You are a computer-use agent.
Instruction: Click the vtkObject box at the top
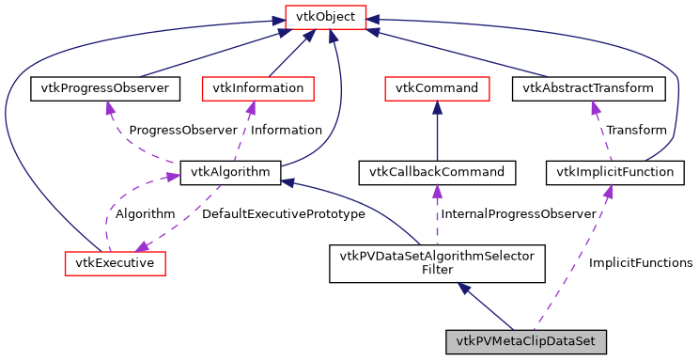click(325, 18)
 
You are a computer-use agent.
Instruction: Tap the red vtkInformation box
click(258, 89)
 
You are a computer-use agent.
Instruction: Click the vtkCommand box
click(437, 89)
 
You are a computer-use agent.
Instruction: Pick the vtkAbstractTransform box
click(588, 89)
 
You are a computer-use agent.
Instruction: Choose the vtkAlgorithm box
click(231, 173)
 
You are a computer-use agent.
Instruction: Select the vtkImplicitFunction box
click(615, 173)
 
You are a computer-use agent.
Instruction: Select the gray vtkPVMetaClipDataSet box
click(525, 340)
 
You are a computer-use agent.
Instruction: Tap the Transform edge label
click(636, 130)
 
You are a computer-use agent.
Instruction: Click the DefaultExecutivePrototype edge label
click(284, 214)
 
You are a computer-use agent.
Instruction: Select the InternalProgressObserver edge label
click(519, 214)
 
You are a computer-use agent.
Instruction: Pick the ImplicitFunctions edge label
click(640, 262)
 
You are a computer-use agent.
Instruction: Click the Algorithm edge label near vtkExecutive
click(146, 214)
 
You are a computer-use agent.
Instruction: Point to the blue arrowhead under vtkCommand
click(437, 107)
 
